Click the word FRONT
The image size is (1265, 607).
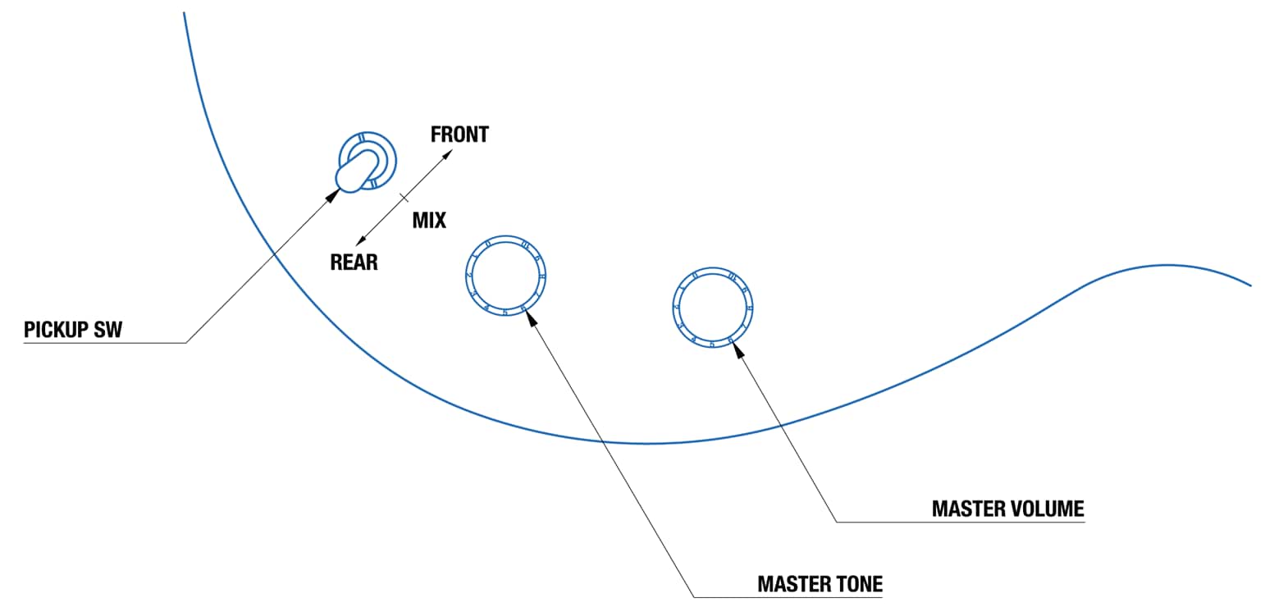[459, 135]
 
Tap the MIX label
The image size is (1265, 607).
[429, 220]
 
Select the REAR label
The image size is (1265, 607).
[354, 262]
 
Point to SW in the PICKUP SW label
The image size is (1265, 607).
[110, 330]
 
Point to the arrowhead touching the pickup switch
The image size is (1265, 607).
[333, 194]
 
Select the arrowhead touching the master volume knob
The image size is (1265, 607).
[738, 350]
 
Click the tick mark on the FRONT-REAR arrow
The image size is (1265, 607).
[403, 197]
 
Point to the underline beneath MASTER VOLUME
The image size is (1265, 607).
[960, 523]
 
